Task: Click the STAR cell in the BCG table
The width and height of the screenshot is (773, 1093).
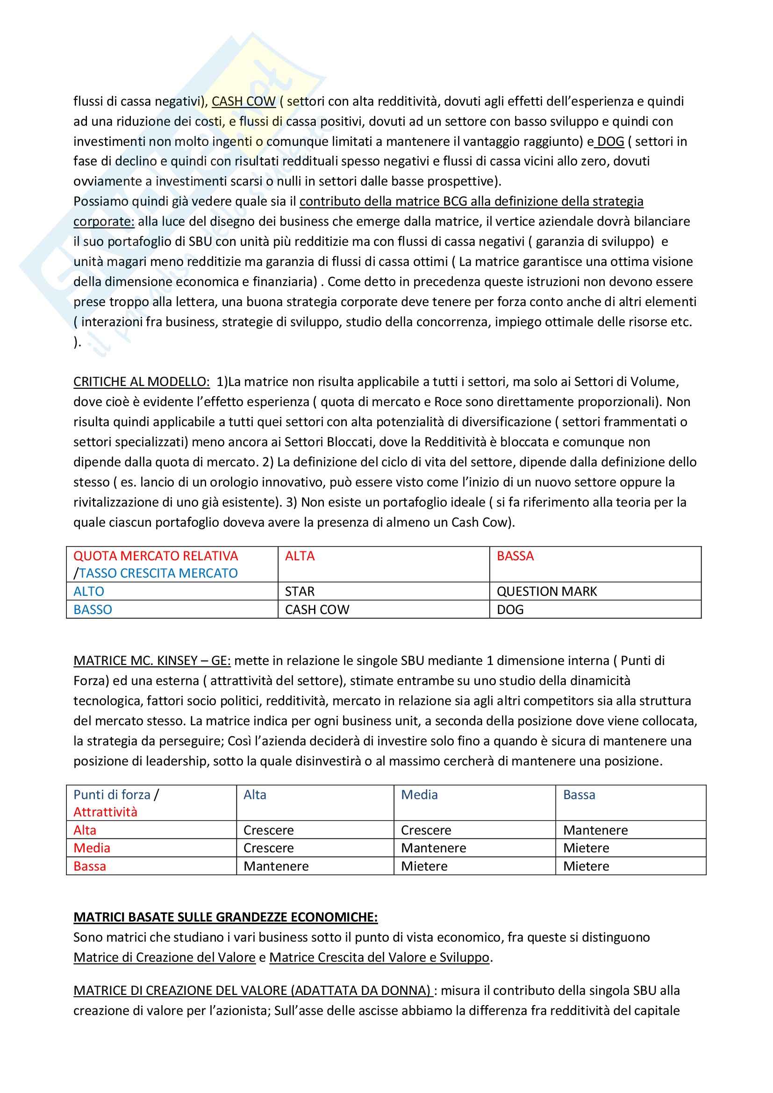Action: click(300, 591)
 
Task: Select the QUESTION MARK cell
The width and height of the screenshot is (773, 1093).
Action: click(546, 591)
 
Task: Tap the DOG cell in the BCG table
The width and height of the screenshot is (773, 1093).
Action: click(510, 609)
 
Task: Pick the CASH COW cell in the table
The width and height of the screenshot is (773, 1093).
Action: click(317, 609)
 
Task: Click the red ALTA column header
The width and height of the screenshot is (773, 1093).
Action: click(300, 556)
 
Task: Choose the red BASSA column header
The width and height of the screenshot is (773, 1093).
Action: click(515, 556)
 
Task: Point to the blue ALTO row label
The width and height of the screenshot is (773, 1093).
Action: click(88, 591)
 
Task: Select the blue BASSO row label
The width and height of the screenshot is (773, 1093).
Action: click(93, 609)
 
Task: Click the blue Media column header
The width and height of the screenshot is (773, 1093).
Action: click(419, 794)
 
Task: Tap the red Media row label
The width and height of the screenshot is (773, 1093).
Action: click(92, 848)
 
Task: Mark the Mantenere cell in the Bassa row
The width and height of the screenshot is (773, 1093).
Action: click(276, 866)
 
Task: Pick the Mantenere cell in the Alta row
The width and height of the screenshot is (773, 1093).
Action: click(595, 830)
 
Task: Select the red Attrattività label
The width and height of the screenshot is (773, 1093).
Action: click(105, 812)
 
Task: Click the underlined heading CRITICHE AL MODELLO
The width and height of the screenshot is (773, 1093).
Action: click(141, 382)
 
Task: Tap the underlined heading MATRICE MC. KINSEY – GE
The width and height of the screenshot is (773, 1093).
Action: click(152, 660)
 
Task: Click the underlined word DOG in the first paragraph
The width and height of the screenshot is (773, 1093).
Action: click(610, 142)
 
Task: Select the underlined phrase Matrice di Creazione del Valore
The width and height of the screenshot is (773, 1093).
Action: click(164, 957)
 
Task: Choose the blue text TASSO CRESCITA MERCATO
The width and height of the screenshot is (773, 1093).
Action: click(158, 573)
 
